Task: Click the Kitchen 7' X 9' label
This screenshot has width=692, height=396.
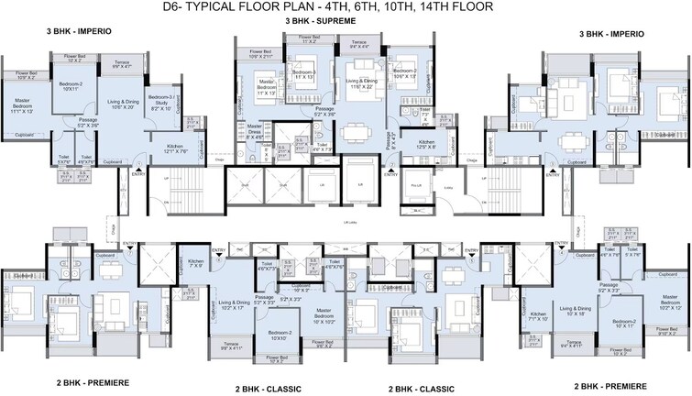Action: [196, 264]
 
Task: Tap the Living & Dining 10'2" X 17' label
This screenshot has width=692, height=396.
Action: [233, 305]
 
